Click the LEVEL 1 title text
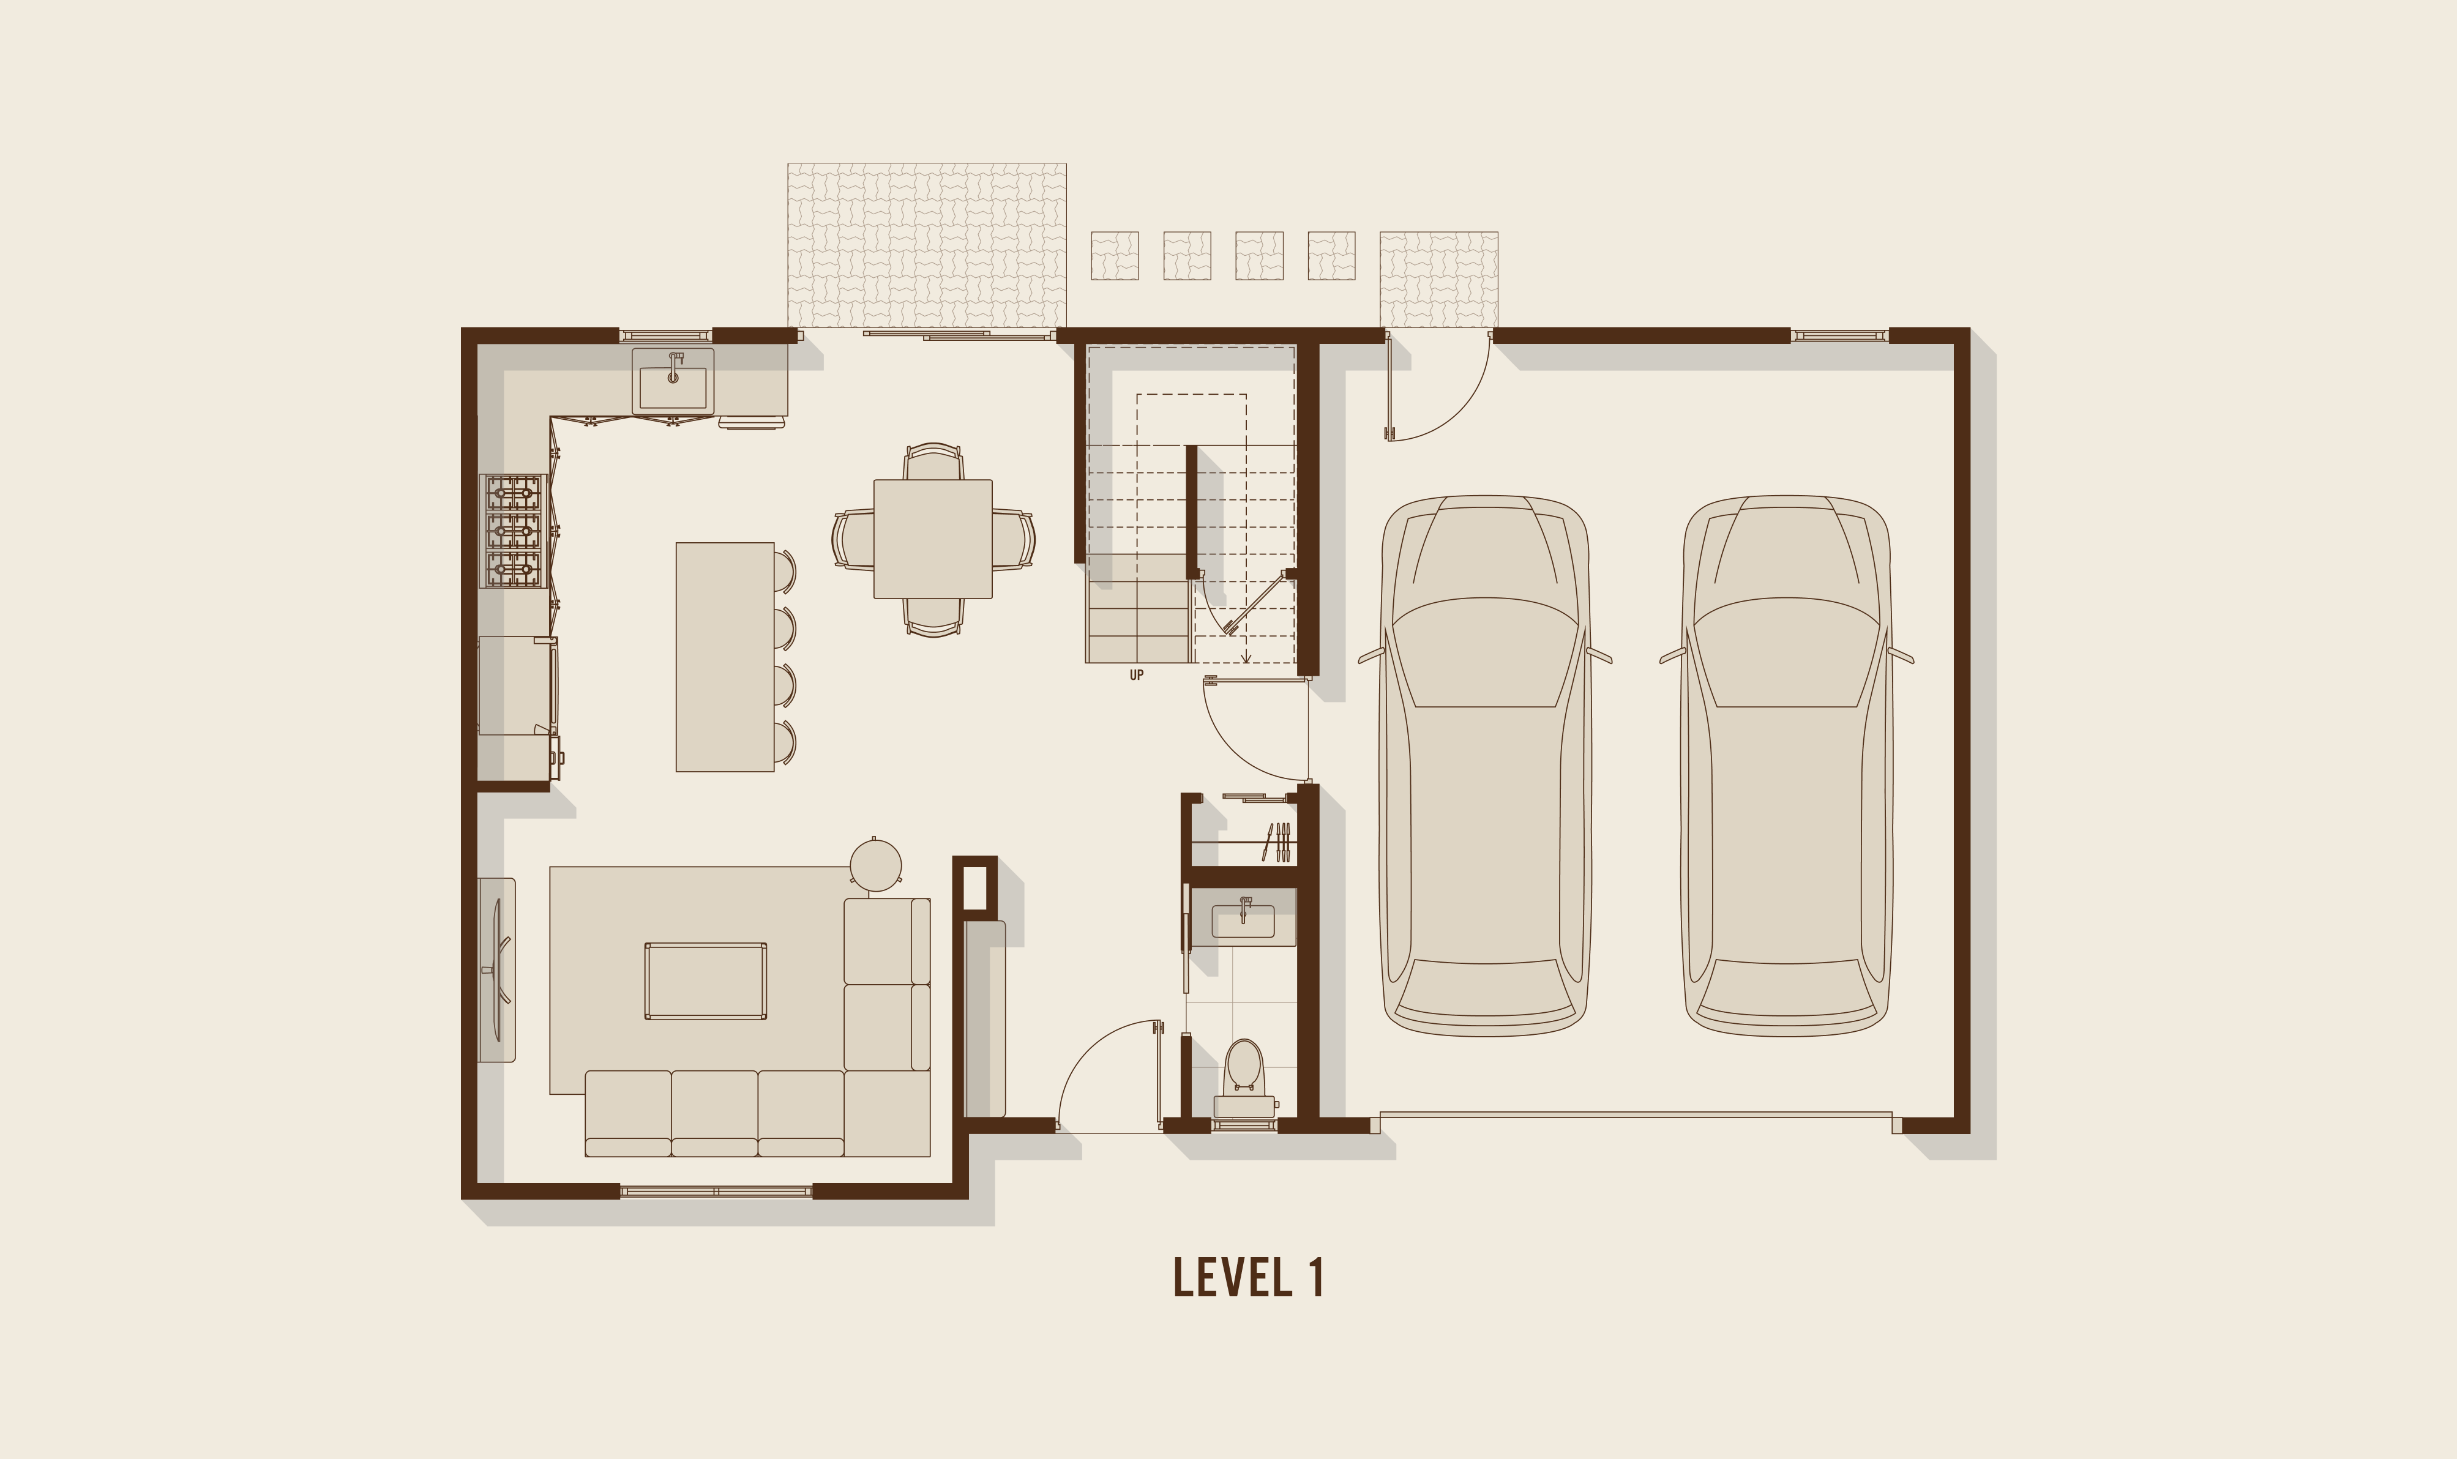point(1249,1277)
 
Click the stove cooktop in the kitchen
point(513,531)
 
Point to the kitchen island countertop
point(725,657)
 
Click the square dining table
point(933,539)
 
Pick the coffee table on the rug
point(706,981)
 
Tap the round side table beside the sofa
point(875,865)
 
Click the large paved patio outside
point(927,245)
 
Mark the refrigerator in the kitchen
point(516,685)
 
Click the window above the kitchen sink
point(665,335)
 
